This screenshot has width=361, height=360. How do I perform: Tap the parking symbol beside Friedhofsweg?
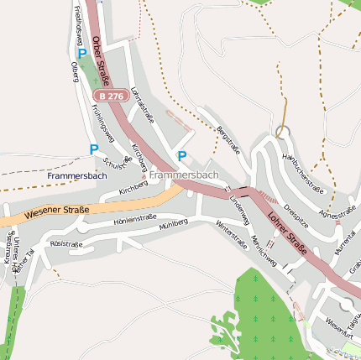[82, 54]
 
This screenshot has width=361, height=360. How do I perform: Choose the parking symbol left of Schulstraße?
[94, 149]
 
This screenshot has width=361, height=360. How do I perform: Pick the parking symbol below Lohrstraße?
[182, 156]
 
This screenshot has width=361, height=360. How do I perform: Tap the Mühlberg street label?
[173, 225]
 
